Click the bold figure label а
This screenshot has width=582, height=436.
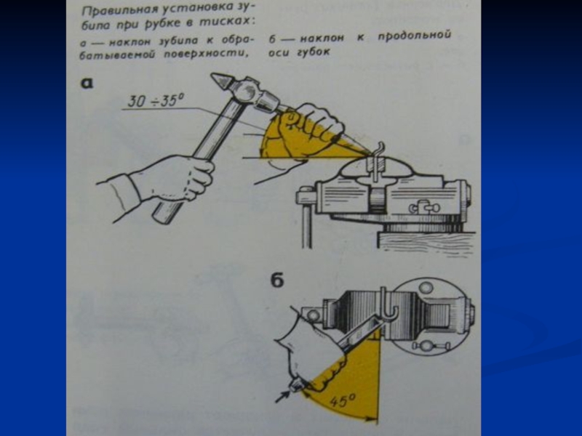(x=87, y=83)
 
